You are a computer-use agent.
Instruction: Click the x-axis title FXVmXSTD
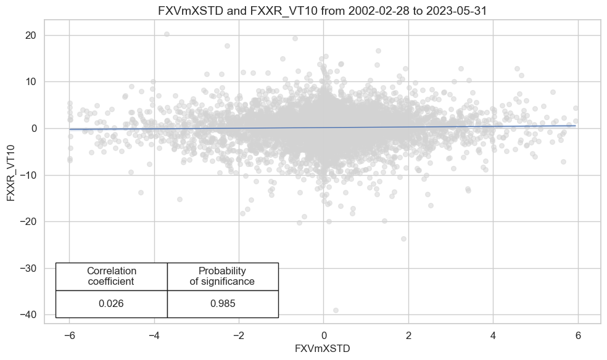pyautogui.click(x=323, y=348)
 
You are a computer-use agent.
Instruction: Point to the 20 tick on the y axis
pyautogui.click(x=31, y=35)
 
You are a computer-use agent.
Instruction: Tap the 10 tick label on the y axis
pyautogui.click(x=31, y=82)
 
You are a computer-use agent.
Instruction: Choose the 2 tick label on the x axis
pyautogui.click(x=408, y=336)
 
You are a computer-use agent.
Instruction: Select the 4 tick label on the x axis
pyautogui.click(x=493, y=336)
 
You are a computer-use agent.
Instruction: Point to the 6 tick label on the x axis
pyautogui.click(x=578, y=336)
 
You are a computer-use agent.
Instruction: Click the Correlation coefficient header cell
pyautogui.click(x=112, y=276)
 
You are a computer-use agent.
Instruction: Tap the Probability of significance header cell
pyautogui.click(x=222, y=276)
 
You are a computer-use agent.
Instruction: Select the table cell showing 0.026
pyautogui.click(x=112, y=304)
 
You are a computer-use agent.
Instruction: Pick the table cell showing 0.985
pyautogui.click(x=222, y=304)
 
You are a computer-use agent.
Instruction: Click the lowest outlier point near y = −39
pyautogui.click(x=336, y=310)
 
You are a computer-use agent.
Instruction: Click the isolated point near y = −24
pyautogui.click(x=403, y=239)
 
